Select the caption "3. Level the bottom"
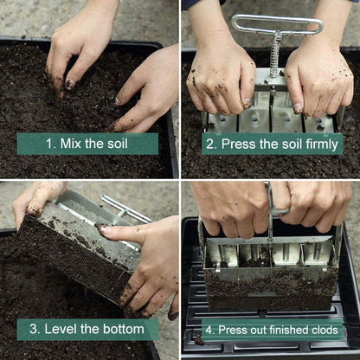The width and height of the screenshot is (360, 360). click(x=87, y=329)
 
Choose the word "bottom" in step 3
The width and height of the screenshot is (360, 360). click(x=123, y=329)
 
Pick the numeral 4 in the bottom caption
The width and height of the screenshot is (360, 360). click(x=208, y=331)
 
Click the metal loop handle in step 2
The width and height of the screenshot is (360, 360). click(x=276, y=24)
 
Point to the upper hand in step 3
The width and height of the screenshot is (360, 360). click(x=39, y=199)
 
